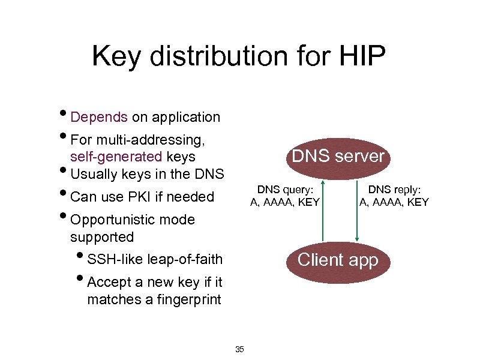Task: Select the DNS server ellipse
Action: pyautogui.click(x=337, y=157)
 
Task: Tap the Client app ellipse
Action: pyautogui.click(x=338, y=260)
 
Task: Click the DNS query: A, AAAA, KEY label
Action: pyautogui.click(x=285, y=196)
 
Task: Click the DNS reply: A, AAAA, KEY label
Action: pyautogui.click(x=394, y=196)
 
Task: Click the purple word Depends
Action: pyautogui.click(x=99, y=117)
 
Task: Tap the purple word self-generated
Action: pyautogui.click(x=116, y=157)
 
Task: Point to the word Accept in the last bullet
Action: pyautogui.click(x=109, y=282)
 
